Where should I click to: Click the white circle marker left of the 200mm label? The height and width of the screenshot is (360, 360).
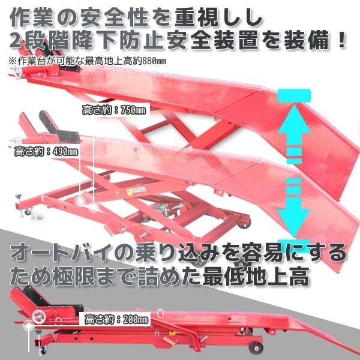coord(28,328)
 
